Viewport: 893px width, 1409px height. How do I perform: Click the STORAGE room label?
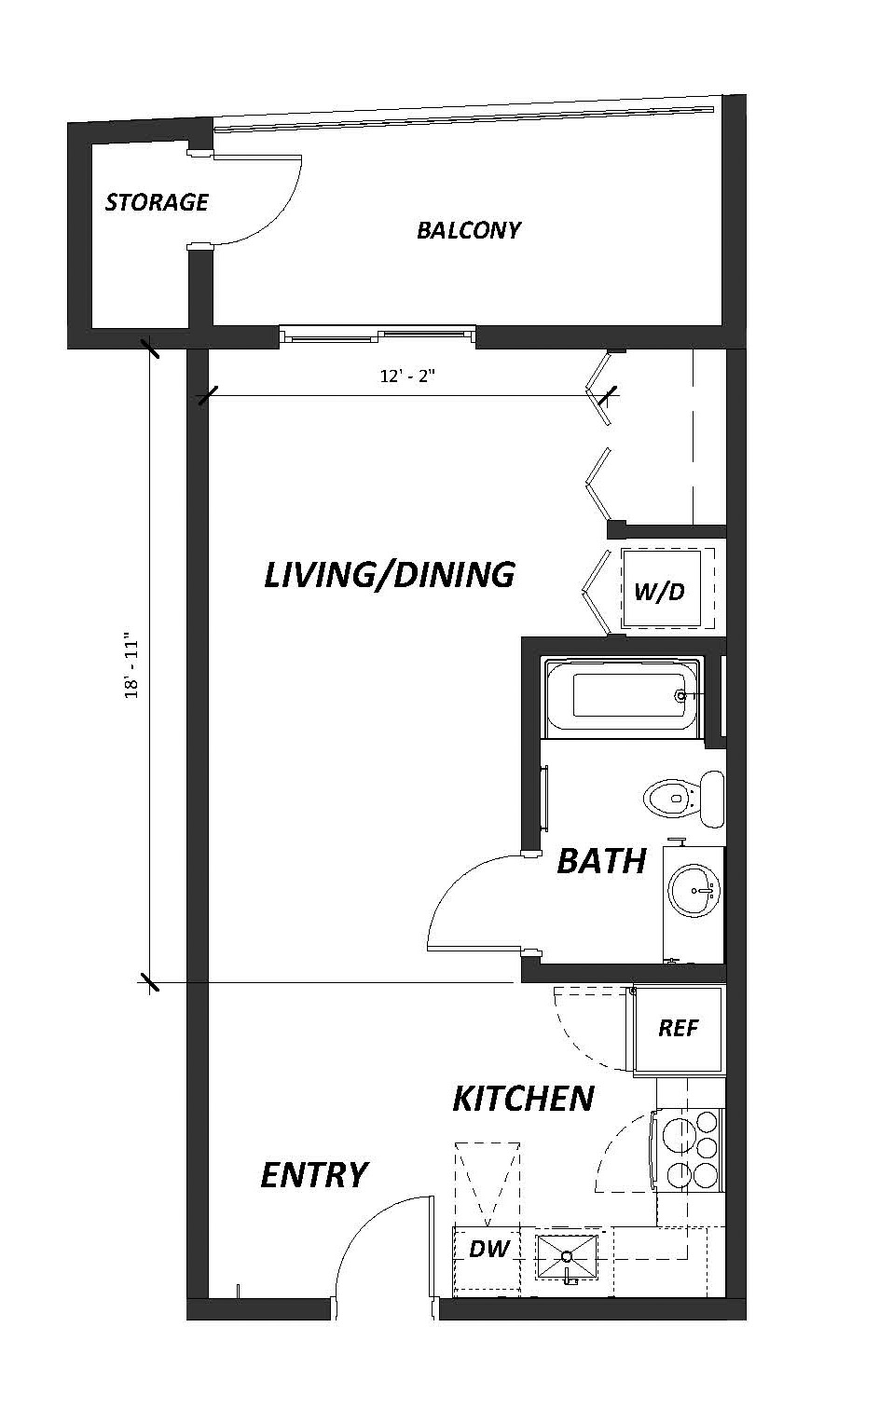157,202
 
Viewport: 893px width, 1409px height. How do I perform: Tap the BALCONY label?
469,230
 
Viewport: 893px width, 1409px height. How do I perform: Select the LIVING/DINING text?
390,575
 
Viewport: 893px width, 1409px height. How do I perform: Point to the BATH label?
601,861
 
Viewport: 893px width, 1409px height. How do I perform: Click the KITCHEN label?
524,1099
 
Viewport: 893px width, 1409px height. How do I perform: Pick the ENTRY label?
314,1175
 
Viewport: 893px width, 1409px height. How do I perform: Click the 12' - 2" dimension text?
407,376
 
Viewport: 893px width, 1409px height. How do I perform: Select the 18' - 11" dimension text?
131,665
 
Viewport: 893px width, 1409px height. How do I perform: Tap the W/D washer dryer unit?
661,588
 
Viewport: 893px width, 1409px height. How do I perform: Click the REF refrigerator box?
679,1029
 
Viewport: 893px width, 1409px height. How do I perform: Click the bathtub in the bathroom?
623,698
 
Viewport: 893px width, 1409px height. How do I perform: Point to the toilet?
684,799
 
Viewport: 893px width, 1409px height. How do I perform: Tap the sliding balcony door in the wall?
378,334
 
